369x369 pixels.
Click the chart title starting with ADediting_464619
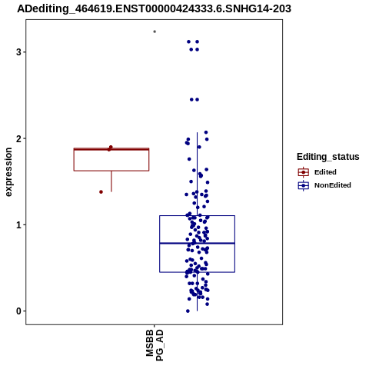pos(154,8)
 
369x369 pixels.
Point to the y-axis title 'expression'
pos(8,172)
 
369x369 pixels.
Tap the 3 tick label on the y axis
pos(18,52)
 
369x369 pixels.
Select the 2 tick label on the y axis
pos(18,138)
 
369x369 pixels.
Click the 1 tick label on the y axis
pos(18,225)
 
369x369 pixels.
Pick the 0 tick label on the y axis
pos(18,311)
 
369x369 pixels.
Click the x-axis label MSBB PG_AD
pos(155,345)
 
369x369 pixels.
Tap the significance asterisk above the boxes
pos(155,32)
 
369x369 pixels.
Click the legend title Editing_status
pos(328,157)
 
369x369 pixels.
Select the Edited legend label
pos(325,172)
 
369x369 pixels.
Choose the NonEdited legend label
pos(333,185)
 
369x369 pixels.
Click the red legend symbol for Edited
pos(304,172)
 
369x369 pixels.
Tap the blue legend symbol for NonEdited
pos(304,185)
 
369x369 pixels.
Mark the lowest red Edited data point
pos(101,192)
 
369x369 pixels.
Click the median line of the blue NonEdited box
pos(197,243)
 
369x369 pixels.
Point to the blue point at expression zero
pos(188,311)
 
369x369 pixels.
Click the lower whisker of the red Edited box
pos(111,181)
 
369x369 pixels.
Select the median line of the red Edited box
pos(111,149)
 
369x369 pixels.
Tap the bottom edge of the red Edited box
pos(111,171)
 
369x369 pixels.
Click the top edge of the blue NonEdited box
pos(197,216)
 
